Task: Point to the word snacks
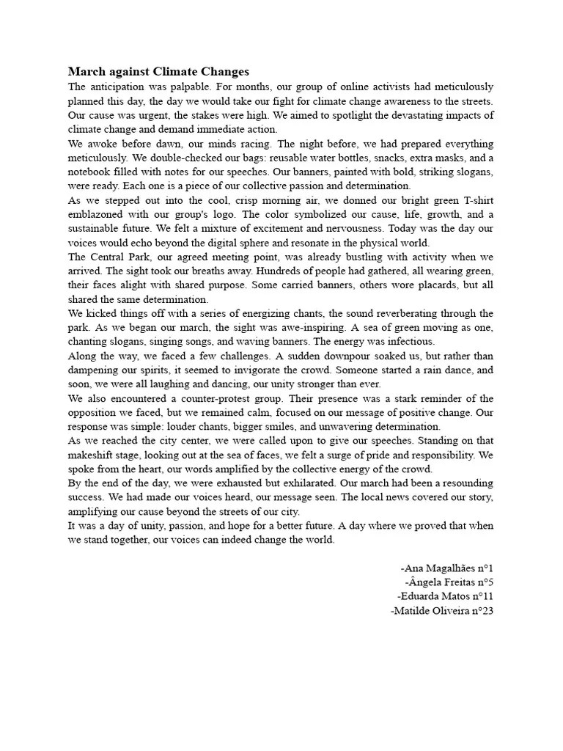(347, 158)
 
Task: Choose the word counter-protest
(216, 398)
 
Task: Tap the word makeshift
(94, 455)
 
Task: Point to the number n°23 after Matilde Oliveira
(479, 610)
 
